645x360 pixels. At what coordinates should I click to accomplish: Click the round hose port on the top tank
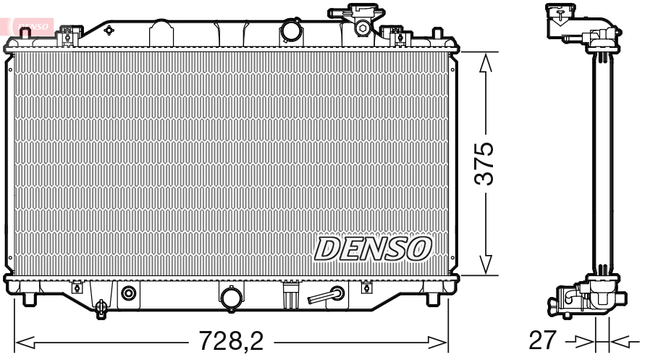tap(291, 31)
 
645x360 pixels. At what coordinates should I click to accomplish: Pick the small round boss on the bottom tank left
tap(129, 293)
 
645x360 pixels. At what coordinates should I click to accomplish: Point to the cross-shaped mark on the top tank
tap(109, 30)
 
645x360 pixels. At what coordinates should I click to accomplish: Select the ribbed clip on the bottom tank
tap(289, 296)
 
